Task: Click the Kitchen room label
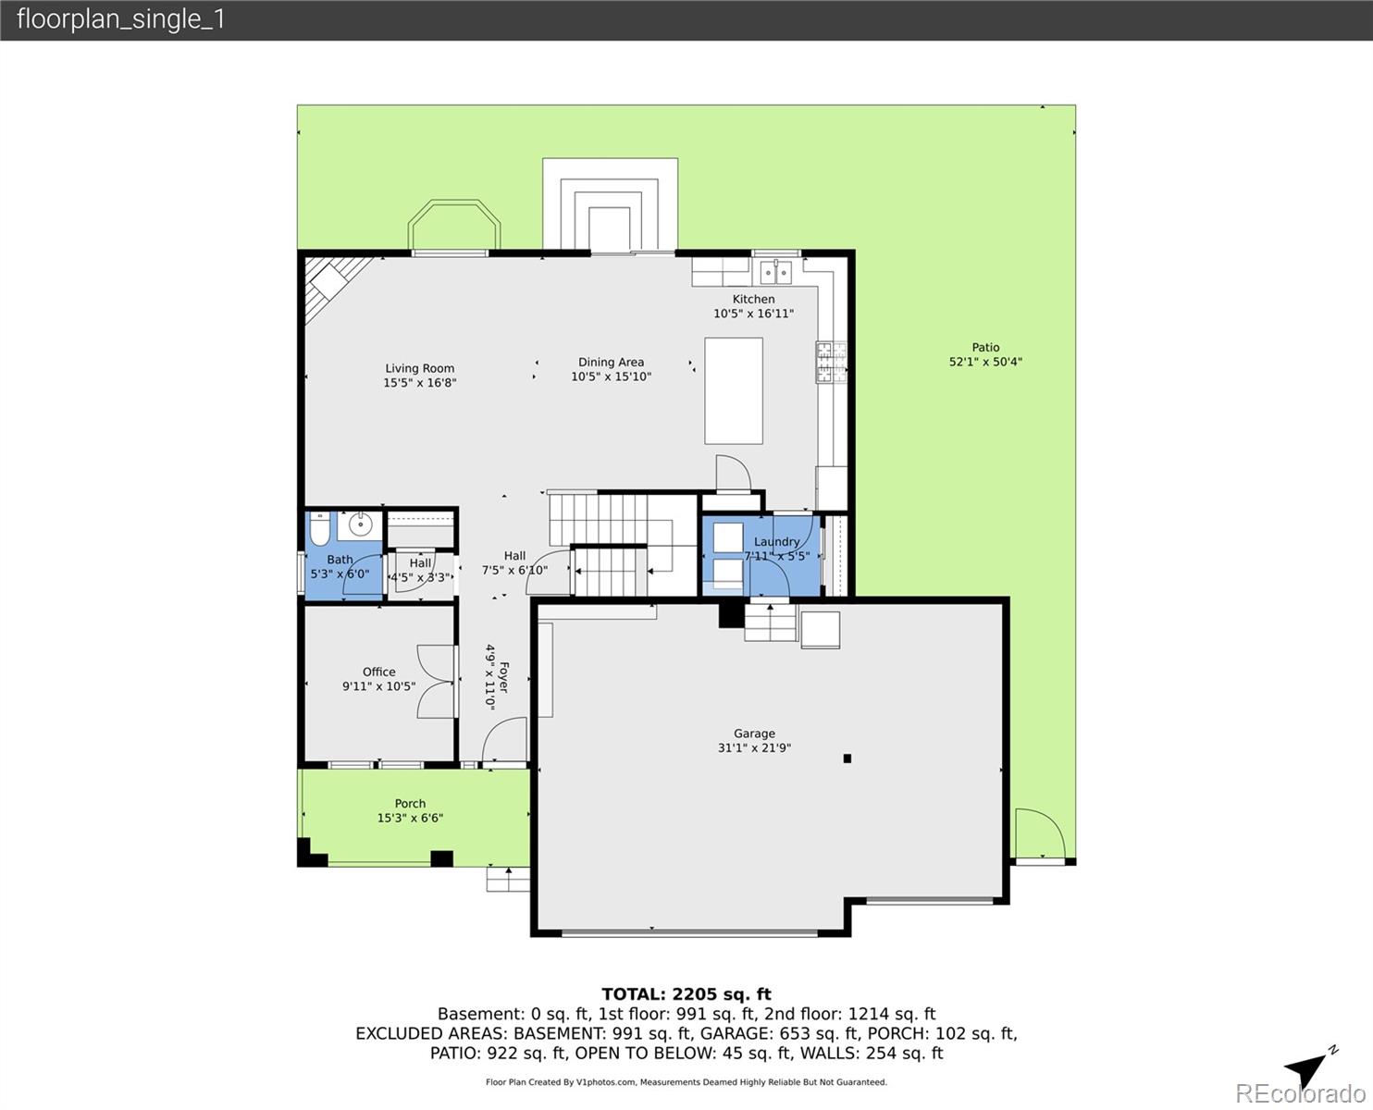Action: pos(753,299)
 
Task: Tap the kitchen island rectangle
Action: pos(734,391)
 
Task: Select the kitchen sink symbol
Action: pos(775,271)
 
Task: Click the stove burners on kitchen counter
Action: pos(829,362)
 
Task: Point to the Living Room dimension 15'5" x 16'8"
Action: pos(420,382)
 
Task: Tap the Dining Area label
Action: pos(611,362)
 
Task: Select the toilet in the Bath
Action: pos(319,530)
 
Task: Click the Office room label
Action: pos(378,672)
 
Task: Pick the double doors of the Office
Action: pos(437,682)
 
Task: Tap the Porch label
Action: pos(410,803)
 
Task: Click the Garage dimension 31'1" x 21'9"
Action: pos(754,748)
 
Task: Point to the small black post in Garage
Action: pos(847,758)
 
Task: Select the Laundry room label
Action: pos(776,542)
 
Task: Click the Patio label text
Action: pos(985,347)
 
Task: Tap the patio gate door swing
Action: pos(1034,834)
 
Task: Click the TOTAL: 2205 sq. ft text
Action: pos(686,994)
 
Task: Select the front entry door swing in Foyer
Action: pos(504,742)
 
